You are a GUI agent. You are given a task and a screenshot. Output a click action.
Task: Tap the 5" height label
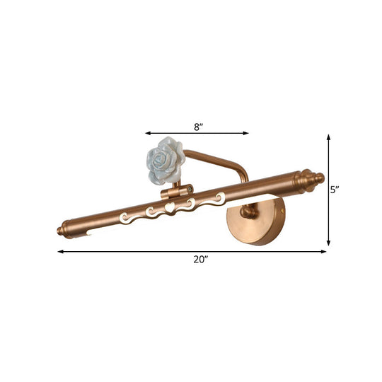tap(336, 189)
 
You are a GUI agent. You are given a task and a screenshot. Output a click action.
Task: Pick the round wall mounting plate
tap(256, 221)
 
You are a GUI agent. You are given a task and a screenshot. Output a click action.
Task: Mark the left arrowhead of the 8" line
tap(147, 132)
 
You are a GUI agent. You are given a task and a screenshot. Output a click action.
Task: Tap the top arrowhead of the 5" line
tap(328, 137)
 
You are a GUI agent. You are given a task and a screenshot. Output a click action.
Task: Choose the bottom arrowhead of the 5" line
tap(328, 243)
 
